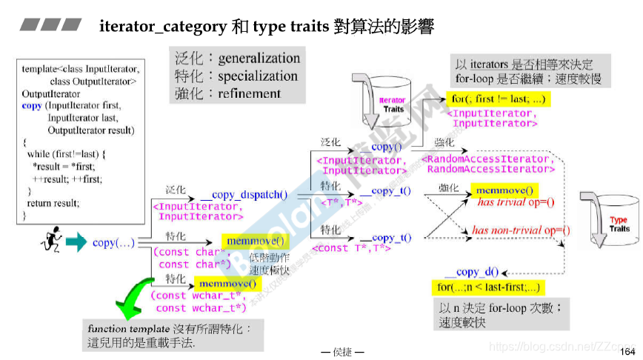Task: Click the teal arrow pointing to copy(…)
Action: click(x=76, y=242)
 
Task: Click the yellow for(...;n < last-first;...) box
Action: click(x=486, y=287)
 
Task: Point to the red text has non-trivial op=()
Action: click(x=521, y=230)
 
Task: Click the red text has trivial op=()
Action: click(x=516, y=202)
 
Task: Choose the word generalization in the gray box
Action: click(x=259, y=59)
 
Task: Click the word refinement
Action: click(x=250, y=93)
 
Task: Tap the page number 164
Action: click(x=627, y=350)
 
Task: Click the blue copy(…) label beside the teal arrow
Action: click(x=113, y=242)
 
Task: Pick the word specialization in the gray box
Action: click(x=258, y=76)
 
